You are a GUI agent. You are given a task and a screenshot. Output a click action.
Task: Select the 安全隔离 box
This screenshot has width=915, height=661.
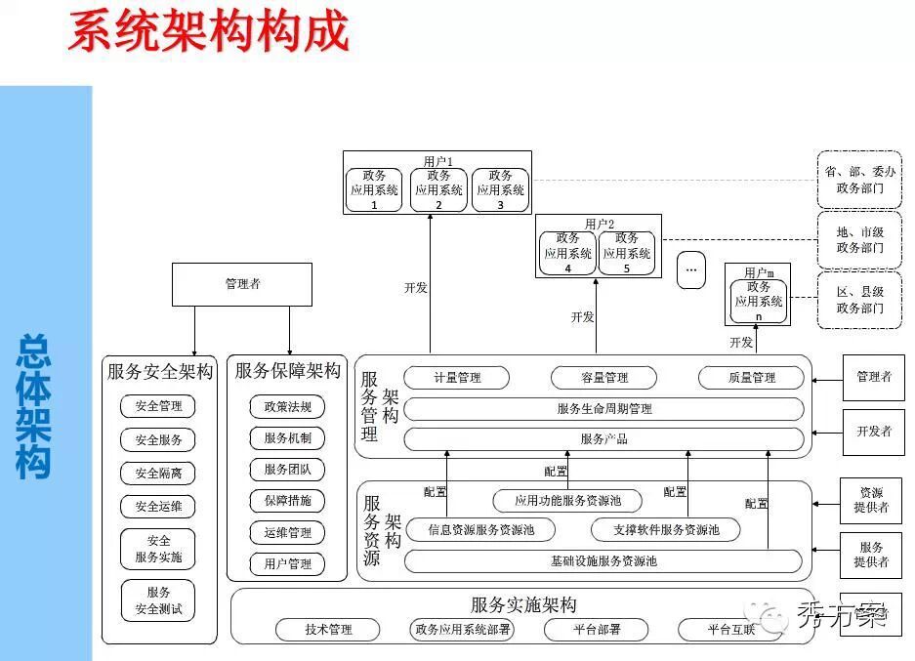pyautogui.click(x=158, y=474)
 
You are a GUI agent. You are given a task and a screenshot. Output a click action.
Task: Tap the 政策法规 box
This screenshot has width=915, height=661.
pyautogui.click(x=287, y=407)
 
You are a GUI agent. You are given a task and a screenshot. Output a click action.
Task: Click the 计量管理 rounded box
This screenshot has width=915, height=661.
pyautogui.click(x=456, y=378)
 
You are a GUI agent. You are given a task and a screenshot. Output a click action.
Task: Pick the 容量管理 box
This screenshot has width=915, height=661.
pyautogui.click(x=603, y=378)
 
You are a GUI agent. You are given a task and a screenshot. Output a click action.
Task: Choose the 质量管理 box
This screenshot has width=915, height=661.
pyautogui.click(x=751, y=378)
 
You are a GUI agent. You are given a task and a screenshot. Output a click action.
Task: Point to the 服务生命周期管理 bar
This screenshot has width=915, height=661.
pyautogui.click(x=603, y=409)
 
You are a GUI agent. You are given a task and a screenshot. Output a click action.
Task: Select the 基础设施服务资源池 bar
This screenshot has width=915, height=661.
pyautogui.click(x=603, y=561)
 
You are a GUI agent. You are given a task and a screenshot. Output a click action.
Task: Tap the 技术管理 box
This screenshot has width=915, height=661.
pyautogui.click(x=327, y=630)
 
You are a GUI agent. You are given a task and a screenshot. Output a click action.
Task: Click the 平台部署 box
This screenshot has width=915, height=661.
pyautogui.click(x=596, y=630)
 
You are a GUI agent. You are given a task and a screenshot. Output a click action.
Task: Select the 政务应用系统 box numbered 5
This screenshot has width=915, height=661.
pyautogui.click(x=626, y=253)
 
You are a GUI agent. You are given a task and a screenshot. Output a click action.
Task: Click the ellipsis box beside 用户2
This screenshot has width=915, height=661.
pyautogui.click(x=690, y=269)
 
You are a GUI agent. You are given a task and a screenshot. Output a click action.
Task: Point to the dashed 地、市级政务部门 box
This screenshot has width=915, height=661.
pyautogui.click(x=859, y=240)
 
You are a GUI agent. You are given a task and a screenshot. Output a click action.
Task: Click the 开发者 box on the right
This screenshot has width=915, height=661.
pyautogui.click(x=873, y=432)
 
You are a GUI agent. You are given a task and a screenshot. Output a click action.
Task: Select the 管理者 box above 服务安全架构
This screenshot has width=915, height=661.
pyautogui.click(x=242, y=284)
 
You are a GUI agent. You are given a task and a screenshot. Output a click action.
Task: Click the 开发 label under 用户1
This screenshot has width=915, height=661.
pyautogui.click(x=416, y=287)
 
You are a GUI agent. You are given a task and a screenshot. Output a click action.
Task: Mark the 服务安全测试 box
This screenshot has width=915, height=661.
pyautogui.click(x=158, y=600)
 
